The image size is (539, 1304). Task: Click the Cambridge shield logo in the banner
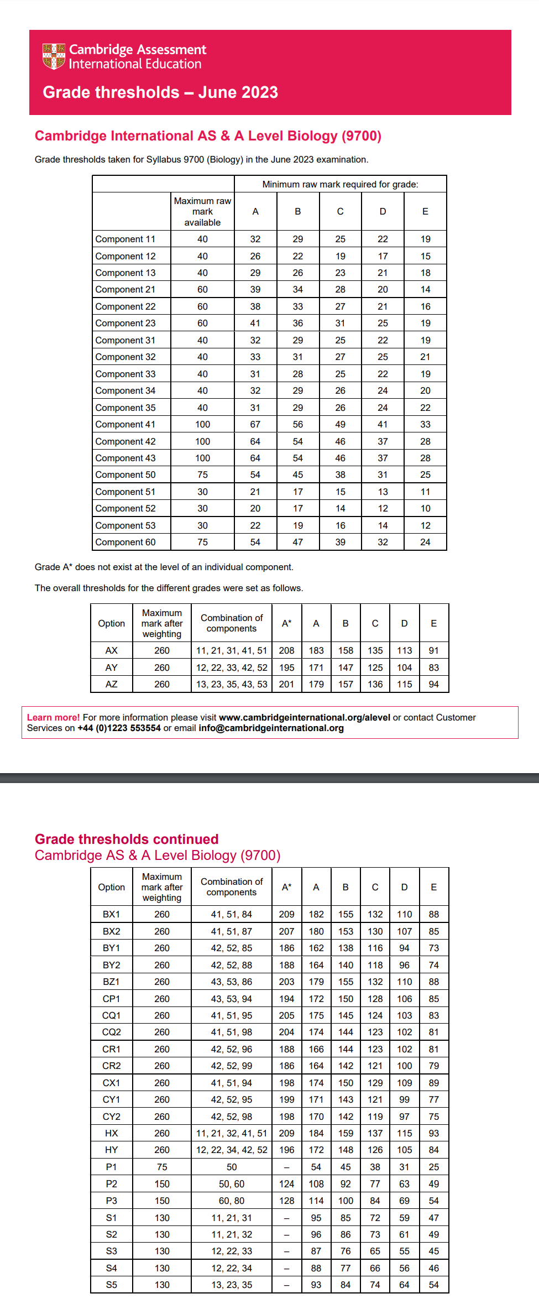coord(54,56)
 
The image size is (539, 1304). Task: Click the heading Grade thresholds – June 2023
coord(160,92)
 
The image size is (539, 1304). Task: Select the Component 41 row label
coord(125,424)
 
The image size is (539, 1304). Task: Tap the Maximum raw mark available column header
coord(202,211)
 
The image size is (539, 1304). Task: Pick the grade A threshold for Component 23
coord(255,323)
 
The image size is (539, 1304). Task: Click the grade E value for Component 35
coord(425,408)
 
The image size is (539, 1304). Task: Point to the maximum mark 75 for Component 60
coord(202,542)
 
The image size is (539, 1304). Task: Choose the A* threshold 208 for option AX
coord(286,650)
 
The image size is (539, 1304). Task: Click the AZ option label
coord(111,684)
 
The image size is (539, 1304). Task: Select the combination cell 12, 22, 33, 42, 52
coord(232,667)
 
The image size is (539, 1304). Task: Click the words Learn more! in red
coord(53,717)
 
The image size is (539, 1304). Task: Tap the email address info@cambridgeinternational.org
coord(271,728)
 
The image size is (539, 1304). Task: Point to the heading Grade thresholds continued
coord(127,839)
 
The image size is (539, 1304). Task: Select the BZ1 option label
coord(111,982)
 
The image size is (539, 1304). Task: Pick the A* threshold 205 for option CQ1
coord(286,1015)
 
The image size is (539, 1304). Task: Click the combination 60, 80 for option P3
coord(232,1201)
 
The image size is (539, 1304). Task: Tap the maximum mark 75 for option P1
coord(162,1167)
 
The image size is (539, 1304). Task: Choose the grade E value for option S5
coord(433,1285)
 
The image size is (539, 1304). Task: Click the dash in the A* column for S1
coord(286,1218)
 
